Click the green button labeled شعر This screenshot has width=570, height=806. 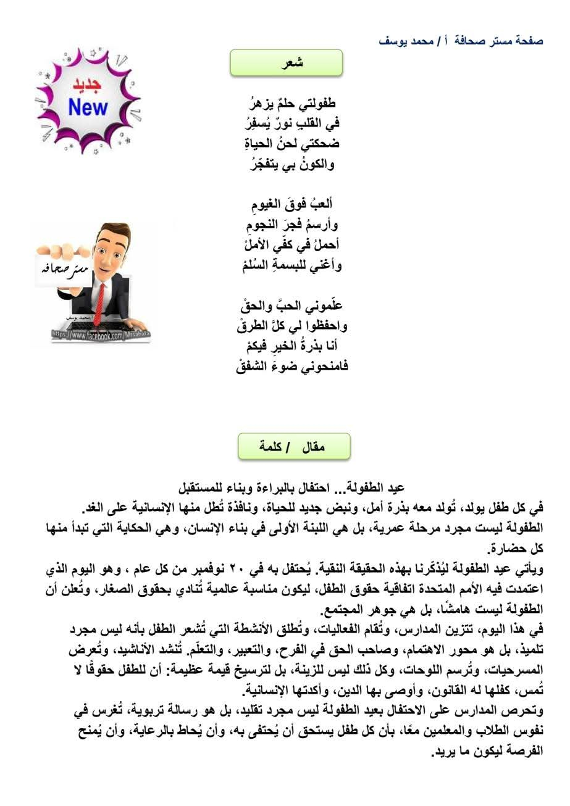(287, 62)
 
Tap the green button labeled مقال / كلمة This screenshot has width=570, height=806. (294, 446)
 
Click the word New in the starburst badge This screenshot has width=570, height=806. (88, 107)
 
